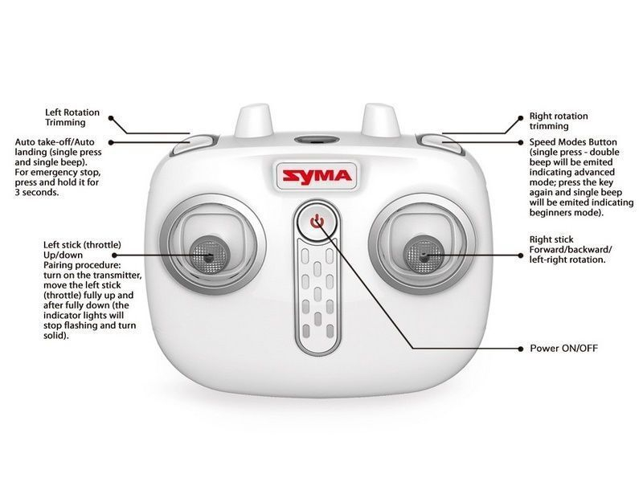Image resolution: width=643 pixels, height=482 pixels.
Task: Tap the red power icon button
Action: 318,220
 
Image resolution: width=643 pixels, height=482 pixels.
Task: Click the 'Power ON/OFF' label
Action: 563,349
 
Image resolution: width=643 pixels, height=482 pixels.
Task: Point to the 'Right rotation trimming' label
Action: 558,121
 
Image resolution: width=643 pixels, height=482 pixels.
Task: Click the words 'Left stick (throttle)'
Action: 83,244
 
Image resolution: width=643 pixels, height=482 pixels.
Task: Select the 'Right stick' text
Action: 551,239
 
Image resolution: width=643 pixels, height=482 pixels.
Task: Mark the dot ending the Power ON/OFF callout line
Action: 520,349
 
